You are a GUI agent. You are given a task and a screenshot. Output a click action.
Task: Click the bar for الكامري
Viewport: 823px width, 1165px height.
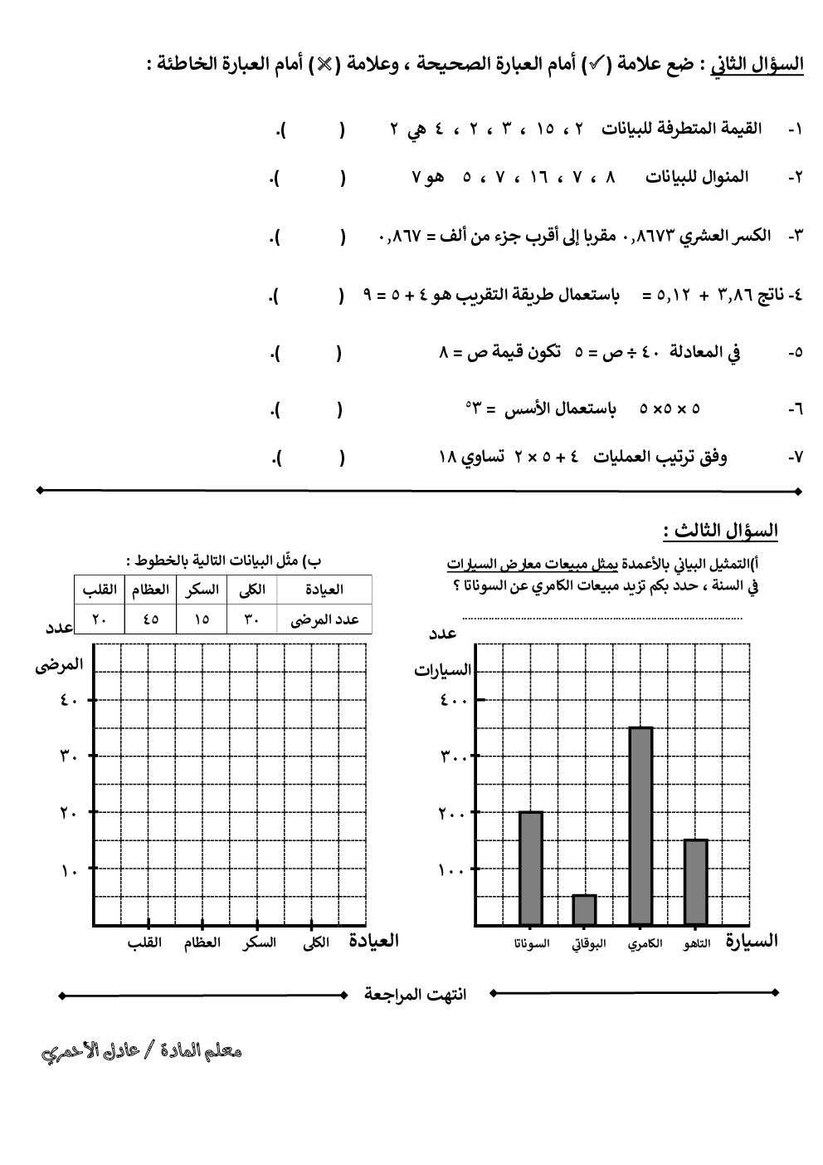[640, 826]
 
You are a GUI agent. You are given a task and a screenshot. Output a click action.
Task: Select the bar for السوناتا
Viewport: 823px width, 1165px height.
[530, 868]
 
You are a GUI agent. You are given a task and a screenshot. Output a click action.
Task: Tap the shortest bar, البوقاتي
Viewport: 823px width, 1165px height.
[584, 909]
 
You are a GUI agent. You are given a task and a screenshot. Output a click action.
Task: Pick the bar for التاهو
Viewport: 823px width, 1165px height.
[695, 882]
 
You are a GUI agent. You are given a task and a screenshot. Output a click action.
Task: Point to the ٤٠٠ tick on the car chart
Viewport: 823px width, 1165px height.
[454, 700]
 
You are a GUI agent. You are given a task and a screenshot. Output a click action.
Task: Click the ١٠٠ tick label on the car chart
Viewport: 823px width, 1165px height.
[454, 870]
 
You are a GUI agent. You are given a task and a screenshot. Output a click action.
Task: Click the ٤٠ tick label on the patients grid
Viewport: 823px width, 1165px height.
[68, 700]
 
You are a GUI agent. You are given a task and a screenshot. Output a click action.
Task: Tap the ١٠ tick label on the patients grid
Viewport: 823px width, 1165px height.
[68, 870]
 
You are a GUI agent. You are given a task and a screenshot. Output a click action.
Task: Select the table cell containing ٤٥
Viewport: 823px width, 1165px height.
[151, 619]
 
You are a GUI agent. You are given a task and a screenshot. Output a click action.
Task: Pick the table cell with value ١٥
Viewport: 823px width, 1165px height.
[202, 619]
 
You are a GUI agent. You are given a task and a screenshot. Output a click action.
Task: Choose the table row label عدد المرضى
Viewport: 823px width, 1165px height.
[324, 619]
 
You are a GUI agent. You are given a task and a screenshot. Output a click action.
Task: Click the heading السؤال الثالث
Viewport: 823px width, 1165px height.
[720, 531]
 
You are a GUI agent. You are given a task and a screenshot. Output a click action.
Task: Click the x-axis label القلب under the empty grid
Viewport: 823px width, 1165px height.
[144, 943]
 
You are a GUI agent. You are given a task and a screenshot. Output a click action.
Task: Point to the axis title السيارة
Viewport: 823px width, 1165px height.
[752, 941]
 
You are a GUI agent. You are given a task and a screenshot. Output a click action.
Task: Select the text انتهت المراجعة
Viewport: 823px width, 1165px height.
[415, 994]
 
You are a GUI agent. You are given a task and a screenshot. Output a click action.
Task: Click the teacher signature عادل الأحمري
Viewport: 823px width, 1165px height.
[142, 1051]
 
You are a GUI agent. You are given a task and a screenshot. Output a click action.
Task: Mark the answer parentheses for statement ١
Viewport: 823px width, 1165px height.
[313, 130]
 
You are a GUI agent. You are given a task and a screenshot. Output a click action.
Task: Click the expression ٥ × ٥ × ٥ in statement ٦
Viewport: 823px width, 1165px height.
[670, 409]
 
